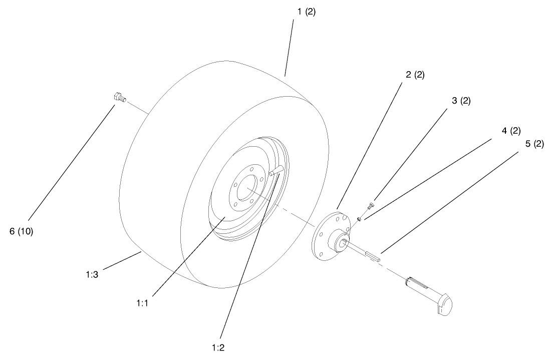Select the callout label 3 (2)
(461, 101)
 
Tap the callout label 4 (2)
(511, 131)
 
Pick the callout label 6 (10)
(21, 232)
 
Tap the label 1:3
(93, 275)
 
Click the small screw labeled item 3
(371, 205)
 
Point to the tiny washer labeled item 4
(360, 218)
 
